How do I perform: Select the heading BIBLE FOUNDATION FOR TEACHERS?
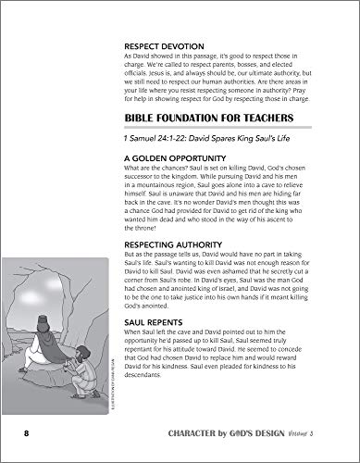[x=208, y=119]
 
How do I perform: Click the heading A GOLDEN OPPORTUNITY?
[x=169, y=159]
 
